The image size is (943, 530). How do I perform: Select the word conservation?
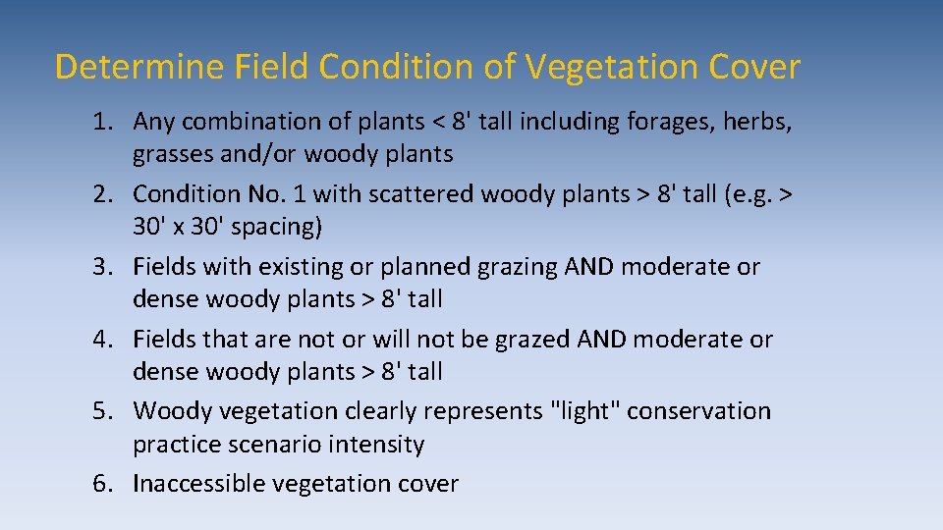(698, 411)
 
